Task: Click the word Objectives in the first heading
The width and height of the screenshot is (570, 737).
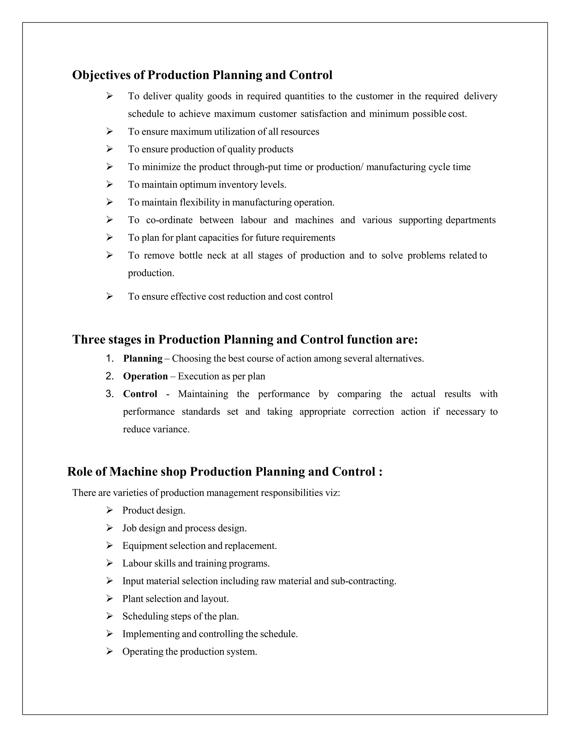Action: click(101, 75)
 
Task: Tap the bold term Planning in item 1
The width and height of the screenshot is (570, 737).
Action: click(142, 358)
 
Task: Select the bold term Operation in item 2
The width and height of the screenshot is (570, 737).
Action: click(145, 376)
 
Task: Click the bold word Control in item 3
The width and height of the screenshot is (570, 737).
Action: click(140, 394)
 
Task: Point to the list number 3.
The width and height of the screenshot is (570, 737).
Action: click(109, 394)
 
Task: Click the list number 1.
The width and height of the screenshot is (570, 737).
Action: click(109, 358)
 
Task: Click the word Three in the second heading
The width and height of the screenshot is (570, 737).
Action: click(89, 340)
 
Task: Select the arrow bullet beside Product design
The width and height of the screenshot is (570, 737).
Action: click(109, 510)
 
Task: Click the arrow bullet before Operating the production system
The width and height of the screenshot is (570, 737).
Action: click(109, 651)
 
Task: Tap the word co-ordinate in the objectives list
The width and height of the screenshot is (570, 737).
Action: click(169, 220)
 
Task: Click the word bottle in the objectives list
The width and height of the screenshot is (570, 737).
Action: click(191, 256)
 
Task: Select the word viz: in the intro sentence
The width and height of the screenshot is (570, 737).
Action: click(332, 493)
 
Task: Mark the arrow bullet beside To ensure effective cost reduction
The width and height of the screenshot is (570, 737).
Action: click(109, 296)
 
